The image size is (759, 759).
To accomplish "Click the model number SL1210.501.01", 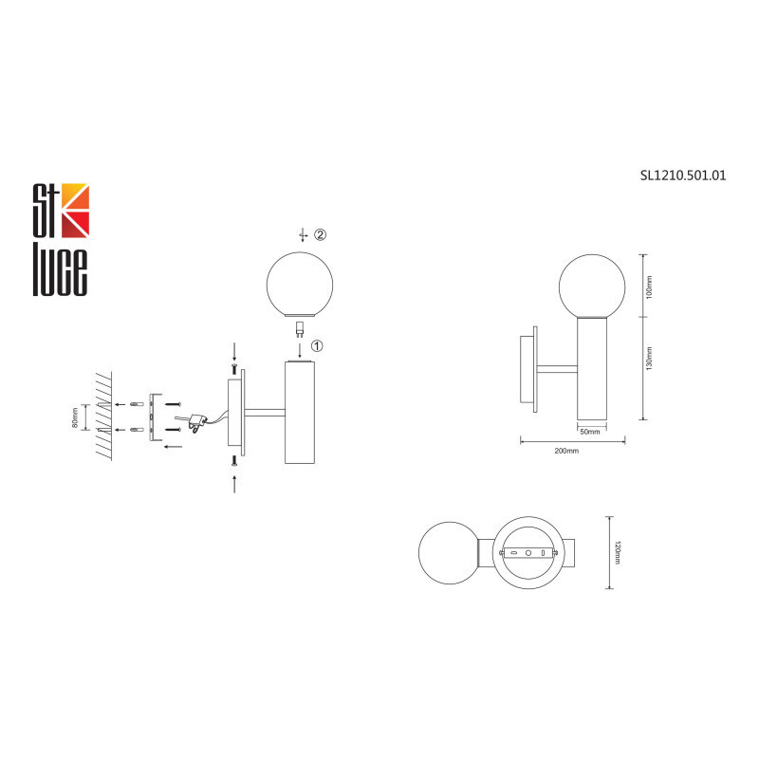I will pos(683,175).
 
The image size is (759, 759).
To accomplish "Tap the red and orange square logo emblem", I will pos(74,210).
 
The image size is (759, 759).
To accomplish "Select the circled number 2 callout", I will pos(321,234).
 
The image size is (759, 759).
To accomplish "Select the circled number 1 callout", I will pos(317,346).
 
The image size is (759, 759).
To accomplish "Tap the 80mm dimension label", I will pos(76,417).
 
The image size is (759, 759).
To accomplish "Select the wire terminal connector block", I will pos(198,418).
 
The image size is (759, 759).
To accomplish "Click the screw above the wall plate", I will pos(233,367).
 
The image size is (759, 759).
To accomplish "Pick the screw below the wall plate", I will pos(233,460).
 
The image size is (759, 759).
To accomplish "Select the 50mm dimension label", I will pos(590,432).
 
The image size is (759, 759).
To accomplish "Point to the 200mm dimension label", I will pos(566,451).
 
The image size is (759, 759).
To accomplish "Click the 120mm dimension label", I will pos(618,552).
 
